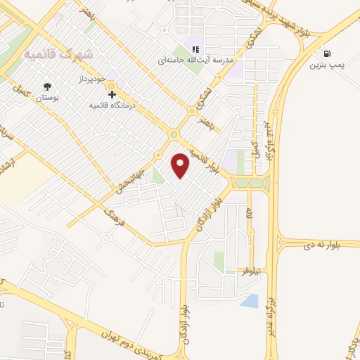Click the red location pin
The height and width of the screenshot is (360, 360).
click(181, 165)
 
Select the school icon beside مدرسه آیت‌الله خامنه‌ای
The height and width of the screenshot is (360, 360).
click(196, 49)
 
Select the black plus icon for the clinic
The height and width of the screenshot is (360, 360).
click(112, 93)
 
